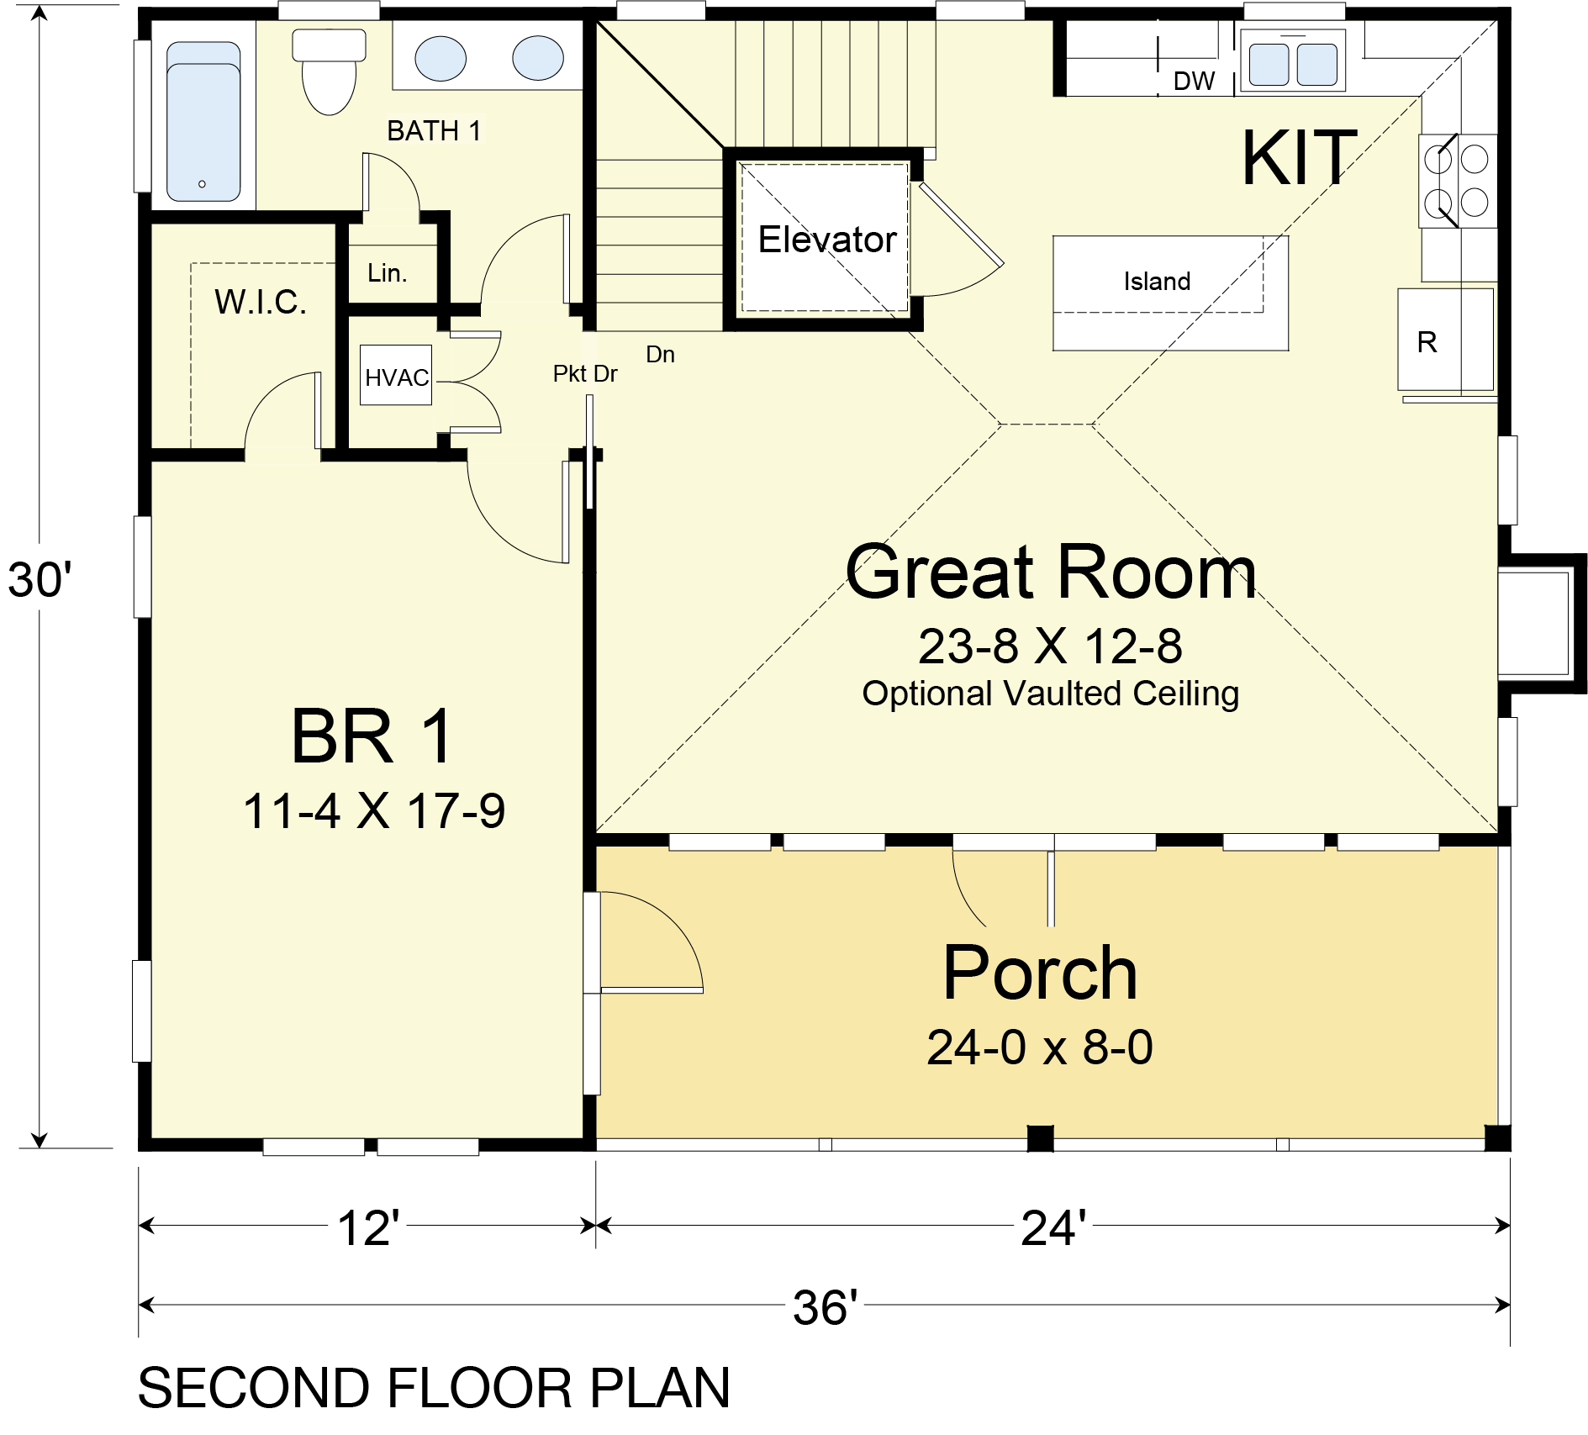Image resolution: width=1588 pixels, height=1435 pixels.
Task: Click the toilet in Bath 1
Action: click(329, 71)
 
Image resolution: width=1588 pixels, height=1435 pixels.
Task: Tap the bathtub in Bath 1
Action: click(203, 123)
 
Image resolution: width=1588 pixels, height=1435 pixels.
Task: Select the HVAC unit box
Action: click(396, 375)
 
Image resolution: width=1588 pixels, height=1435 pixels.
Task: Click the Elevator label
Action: click(827, 240)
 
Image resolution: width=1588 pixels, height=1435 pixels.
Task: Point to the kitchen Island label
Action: click(1157, 281)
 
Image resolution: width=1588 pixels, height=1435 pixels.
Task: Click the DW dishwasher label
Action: click(1194, 81)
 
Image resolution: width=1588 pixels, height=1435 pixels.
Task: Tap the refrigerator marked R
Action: click(1446, 340)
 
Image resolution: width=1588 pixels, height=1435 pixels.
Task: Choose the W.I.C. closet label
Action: click(261, 302)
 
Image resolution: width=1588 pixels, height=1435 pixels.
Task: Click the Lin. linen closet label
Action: click(388, 272)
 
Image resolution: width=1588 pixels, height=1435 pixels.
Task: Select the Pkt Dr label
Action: click(585, 373)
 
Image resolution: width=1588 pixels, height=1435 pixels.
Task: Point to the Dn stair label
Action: click(660, 354)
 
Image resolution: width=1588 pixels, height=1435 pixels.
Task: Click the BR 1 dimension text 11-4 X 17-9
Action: click(374, 811)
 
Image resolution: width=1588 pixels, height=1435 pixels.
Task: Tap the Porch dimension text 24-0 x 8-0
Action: click(1040, 1047)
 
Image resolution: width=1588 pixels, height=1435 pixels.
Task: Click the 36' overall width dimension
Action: click(826, 1307)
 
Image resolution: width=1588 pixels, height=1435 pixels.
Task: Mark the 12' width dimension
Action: click(368, 1227)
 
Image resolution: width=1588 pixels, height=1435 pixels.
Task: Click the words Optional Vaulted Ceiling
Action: click(1051, 694)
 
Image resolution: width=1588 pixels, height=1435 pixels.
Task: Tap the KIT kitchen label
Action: click(1300, 157)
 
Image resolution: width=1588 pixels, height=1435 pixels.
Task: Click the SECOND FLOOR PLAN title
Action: click(434, 1388)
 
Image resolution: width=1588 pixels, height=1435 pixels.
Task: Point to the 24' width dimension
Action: click(1053, 1227)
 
